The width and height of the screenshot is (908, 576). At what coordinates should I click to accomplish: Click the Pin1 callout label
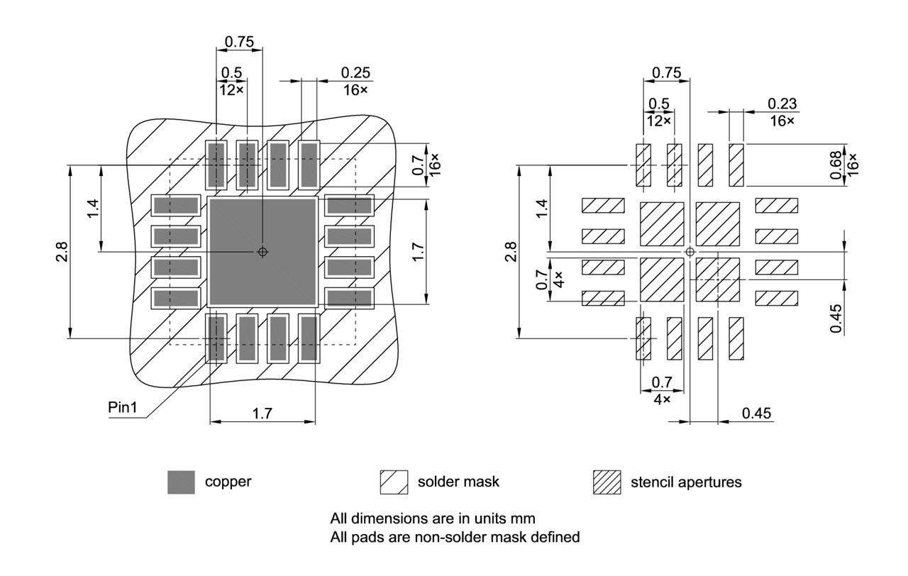[122, 408]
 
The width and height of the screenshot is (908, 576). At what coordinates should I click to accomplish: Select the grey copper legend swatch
[181, 482]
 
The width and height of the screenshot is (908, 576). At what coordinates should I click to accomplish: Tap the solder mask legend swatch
[394, 482]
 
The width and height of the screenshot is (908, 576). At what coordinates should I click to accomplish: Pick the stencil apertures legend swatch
[607, 482]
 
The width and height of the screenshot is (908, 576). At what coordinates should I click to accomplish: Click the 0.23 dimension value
[782, 104]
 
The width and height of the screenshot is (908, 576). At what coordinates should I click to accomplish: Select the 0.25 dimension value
[355, 73]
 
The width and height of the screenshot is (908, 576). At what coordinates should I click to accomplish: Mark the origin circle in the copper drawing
[262, 252]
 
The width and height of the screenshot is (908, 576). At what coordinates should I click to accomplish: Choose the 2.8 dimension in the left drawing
[62, 252]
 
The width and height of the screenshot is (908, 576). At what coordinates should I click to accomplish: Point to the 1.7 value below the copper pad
[262, 414]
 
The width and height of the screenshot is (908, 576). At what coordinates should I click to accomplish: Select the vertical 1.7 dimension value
[417, 252]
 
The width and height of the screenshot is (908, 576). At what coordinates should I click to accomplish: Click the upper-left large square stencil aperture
[662, 224]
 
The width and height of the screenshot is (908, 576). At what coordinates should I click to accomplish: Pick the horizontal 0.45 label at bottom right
[756, 414]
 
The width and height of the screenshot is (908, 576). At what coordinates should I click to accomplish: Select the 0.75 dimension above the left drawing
[239, 42]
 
